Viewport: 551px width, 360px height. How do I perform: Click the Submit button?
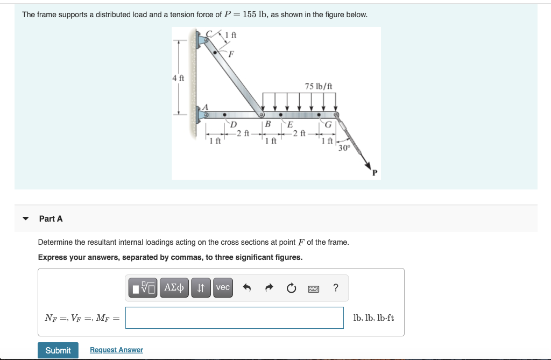click(58, 350)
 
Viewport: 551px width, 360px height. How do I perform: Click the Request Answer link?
click(116, 350)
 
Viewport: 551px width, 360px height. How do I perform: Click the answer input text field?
click(235, 317)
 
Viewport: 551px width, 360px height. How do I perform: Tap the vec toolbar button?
click(223, 288)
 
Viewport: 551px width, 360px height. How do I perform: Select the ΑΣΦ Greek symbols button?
click(174, 288)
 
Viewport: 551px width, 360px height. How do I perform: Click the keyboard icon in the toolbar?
click(314, 288)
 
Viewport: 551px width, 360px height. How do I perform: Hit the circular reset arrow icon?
click(291, 288)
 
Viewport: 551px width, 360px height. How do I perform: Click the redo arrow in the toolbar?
click(269, 288)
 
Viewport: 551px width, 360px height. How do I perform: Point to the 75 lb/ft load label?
click(318, 86)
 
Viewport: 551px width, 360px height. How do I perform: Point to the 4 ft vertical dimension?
click(178, 77)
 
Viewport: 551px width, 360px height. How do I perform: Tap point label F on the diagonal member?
click(231, 54)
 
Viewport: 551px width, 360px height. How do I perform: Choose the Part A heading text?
click(51, 218)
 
